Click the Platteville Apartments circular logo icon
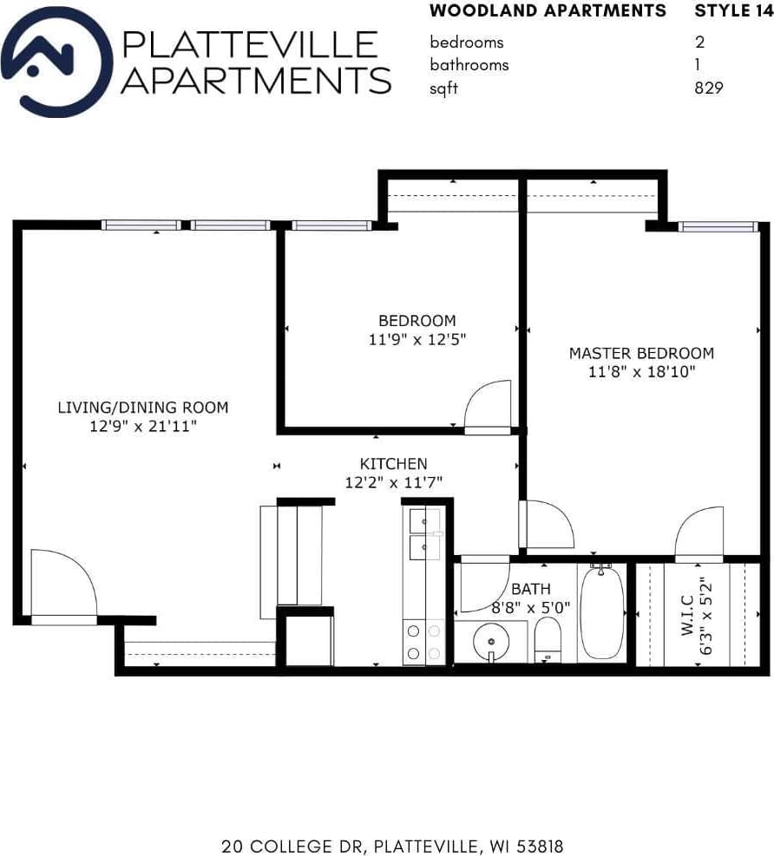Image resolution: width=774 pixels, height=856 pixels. tap(57, 62)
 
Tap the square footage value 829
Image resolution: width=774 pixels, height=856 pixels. tap(708, 88)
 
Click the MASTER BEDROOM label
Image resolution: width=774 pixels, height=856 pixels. tap(641, 353)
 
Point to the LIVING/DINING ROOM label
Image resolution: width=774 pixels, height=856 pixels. tap(143, 407)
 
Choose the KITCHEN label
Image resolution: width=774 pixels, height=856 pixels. tap(393, 464)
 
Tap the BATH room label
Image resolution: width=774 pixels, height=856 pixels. tap(530, 590)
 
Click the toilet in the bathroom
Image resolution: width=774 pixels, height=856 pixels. tap(548, 638)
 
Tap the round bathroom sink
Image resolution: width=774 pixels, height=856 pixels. tap(491, 643)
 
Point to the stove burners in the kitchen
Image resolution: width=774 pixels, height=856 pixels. tap(423, 643)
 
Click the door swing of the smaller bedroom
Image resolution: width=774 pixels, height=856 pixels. tap(488, 406)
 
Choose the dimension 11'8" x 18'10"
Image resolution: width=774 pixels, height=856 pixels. tap(641, 372)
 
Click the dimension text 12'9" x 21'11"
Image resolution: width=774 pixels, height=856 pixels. tap(143, 426)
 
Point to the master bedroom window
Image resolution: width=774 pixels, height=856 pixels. tap(718, 226)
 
